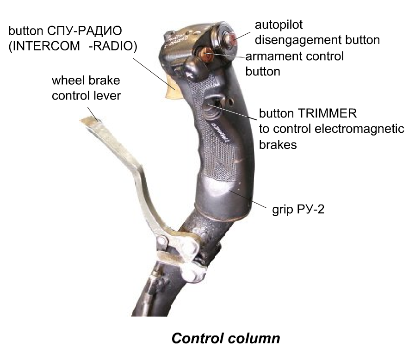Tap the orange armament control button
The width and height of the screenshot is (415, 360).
(207, 56)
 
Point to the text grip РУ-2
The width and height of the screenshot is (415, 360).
(298, 209)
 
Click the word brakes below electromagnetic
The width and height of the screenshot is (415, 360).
(278, 144)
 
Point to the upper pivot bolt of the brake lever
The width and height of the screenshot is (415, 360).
(162, 242)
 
